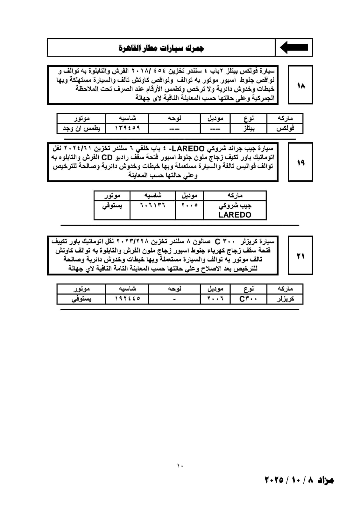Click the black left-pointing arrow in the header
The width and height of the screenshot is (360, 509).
[x=294, y=48]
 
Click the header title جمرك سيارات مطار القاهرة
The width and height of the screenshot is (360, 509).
[x=161, y=48]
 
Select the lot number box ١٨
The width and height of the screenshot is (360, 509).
[x=300, y=85]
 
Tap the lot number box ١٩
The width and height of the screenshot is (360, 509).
[x=300, y=163]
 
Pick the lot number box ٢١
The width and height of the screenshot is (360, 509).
[x=300, y=256]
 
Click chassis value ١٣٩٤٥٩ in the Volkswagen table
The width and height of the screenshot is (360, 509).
[x=127, y=128]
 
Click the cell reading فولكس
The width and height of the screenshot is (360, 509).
[x=285, y=128]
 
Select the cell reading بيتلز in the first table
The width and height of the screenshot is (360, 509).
[x=248, y=128]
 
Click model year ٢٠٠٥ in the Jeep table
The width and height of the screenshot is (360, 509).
[x=189, y=205]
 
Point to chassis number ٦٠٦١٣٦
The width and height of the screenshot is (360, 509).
[x=152, y=205]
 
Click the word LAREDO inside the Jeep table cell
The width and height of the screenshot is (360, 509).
[x=235, y=215]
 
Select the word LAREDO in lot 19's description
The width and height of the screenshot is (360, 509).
[x=190, y=149]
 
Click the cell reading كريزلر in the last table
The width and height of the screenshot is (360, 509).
[x=285, y=299]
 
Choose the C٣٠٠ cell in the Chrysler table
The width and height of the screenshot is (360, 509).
[x=248, y=299]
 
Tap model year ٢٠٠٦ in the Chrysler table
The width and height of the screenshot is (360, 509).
[x=215, y=299]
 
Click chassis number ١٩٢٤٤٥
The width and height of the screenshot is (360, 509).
[x=127, y=299]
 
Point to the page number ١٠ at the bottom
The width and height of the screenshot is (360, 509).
[x=180, y=466]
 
